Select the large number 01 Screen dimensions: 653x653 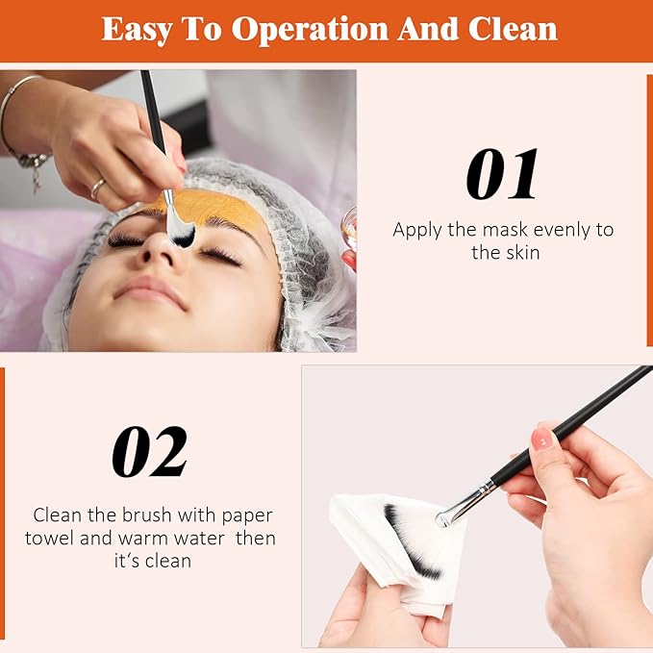502,174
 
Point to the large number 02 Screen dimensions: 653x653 149,452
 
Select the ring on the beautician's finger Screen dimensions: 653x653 97,189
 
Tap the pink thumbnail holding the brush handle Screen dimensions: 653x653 544,440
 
